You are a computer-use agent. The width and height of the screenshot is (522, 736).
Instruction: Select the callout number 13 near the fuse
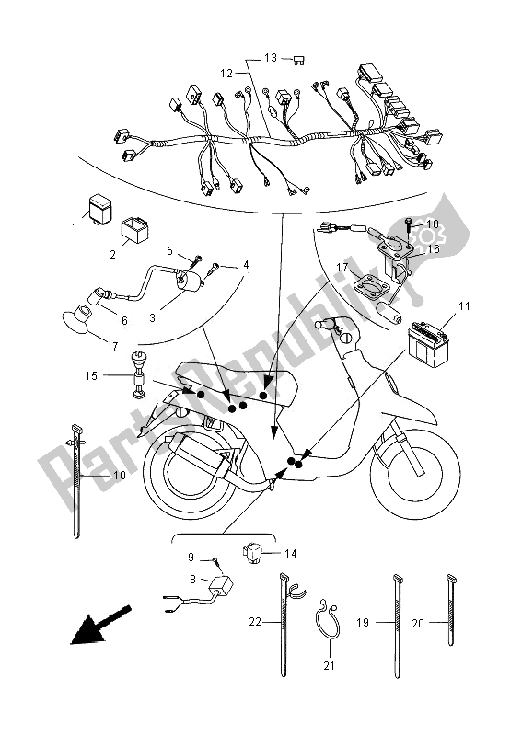click(x=271, y=57)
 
